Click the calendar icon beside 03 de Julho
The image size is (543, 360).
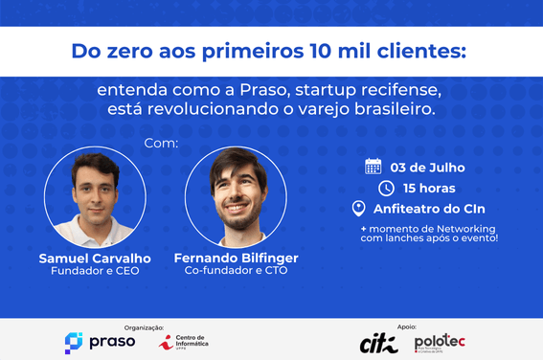click(x=373, y=167)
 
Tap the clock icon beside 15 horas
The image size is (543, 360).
click(x=386, y=188)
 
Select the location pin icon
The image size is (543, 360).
click(x=359, y=209)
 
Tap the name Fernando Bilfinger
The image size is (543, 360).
click(x=236, y=259)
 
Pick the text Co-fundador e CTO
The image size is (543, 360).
click(x=236, y=272)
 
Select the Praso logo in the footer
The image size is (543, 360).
click(x=100, y=342)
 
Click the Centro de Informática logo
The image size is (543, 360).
click(x=184, y=342)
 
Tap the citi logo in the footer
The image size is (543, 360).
click(x=378, y=343)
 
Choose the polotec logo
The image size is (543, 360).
click(x=441, y=342)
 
